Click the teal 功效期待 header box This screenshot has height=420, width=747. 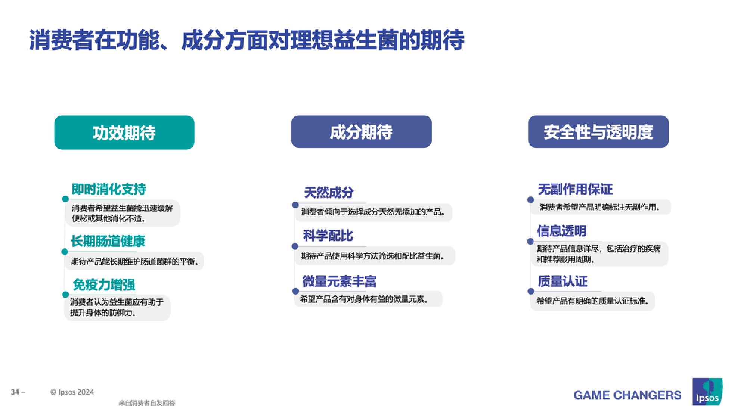124,133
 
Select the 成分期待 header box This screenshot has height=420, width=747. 361,131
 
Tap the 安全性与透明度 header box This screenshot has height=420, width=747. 598,131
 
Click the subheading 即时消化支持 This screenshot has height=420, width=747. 109,189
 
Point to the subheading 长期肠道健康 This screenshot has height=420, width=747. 108,241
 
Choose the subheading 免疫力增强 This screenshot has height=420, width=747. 104,284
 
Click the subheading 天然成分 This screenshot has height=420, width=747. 329,193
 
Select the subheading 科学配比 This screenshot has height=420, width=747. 328,236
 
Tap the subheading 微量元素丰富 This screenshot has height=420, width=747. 339,281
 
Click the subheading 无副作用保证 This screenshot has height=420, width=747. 575,189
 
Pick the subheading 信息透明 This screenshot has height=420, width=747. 562,231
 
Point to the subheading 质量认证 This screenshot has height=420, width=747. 562,281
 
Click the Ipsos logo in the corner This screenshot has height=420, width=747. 707,392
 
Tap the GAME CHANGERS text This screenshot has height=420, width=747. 627,395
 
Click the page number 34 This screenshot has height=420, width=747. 15,392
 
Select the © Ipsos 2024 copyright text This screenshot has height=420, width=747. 72,392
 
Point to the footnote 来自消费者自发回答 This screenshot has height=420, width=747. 147,403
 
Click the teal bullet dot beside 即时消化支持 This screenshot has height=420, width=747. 65,199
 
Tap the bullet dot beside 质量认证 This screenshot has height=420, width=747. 531,291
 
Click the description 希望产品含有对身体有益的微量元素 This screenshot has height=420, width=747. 364,299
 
